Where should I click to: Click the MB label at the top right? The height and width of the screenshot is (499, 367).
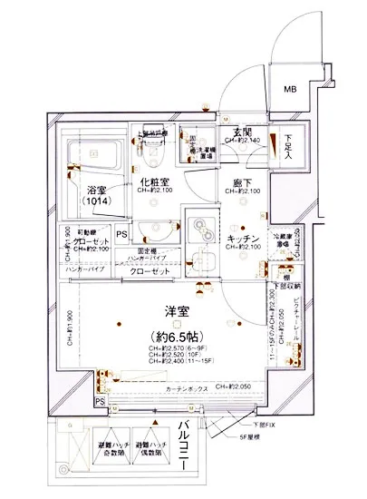(x=290, y=89)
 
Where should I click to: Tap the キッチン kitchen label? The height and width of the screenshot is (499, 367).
(x=245, y=239)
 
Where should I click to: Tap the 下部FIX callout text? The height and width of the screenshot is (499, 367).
(x=261, y=423)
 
